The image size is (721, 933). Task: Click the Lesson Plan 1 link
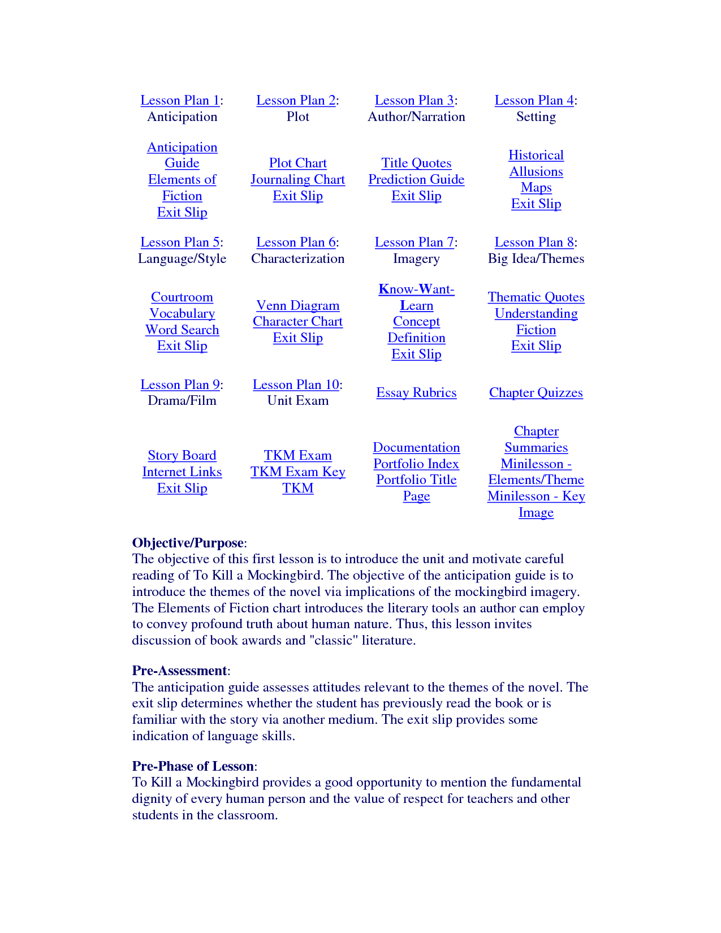click(x=180, y=101)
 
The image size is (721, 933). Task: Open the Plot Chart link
click(x=298, y=163)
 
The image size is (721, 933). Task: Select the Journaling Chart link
click(x=298, y=180)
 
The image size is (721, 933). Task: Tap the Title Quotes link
click(x=416, y=163)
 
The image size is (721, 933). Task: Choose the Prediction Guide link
click(x=416, y=180)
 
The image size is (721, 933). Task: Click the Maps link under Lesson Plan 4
click(x=536, y=188)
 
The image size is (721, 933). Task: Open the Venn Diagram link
click(x=298, y=306)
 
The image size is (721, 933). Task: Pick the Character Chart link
click(x=298, y=322)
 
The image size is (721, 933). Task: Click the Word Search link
click(x=182, y=330)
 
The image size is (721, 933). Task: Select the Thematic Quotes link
click(x=536, y=297)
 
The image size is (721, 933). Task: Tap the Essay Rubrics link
click(x=416, y=393)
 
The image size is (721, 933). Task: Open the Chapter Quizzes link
click(x=536, y=393)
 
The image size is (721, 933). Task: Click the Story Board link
click(x=182, y=456)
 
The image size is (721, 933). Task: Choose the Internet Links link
click(x=182, y=472)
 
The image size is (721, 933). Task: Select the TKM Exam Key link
click(x=298, y=472)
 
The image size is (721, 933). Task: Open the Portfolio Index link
click(x=416, y=464)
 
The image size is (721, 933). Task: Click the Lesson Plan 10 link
click(x=296, y=385)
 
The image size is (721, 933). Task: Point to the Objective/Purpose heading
click(x=188, y=543)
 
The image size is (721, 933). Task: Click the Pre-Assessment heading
click(x=179, y=671)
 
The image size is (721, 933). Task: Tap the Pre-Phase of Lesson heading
click(x=193, y=767)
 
